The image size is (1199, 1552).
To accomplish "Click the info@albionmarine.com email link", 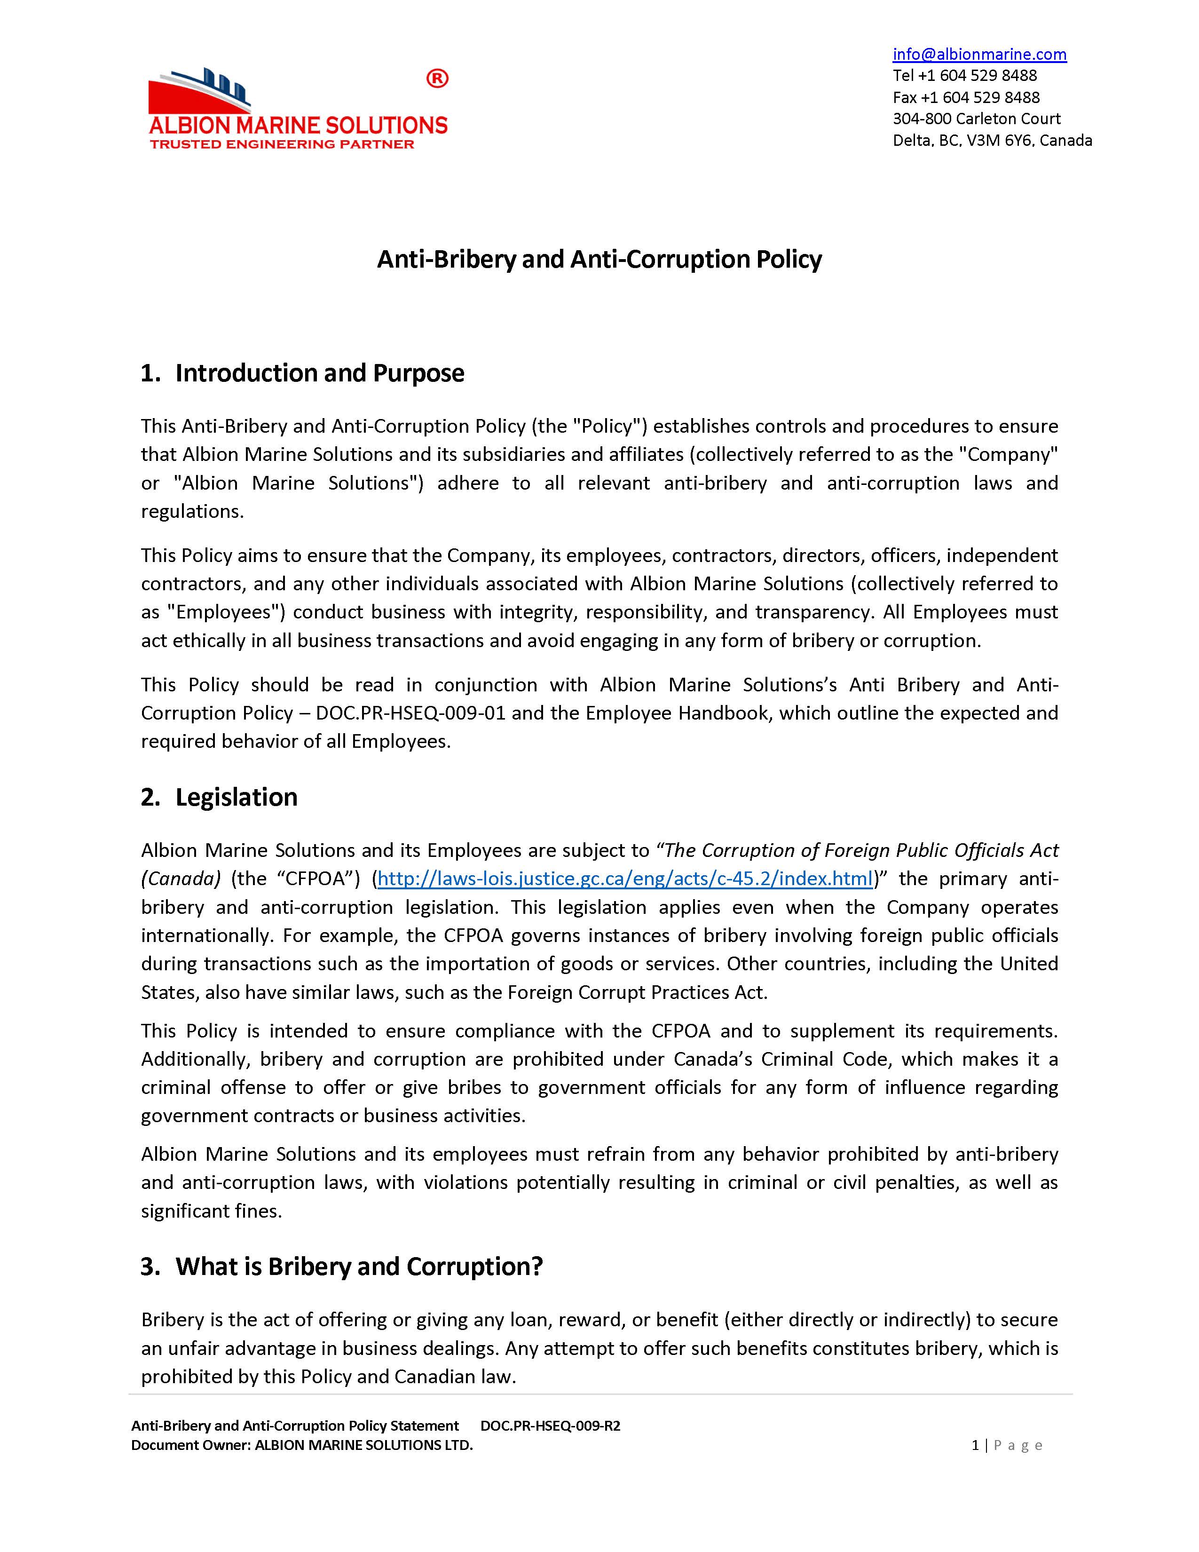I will point(979,54).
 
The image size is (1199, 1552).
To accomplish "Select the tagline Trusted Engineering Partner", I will point(282,144).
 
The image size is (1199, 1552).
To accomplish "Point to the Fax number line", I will point(966,97).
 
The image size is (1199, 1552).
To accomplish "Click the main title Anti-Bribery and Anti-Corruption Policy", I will point(599,260).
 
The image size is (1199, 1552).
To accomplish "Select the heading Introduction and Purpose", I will point(320,373).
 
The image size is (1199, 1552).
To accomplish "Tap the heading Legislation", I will point(236,797).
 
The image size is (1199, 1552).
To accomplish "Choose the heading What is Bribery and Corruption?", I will point(359,1267).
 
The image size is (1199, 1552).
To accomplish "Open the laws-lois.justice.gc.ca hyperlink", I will point(624,879).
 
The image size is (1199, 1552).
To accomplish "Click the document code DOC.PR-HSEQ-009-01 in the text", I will point(410,713).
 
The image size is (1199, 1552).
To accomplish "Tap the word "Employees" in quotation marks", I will point(224,612).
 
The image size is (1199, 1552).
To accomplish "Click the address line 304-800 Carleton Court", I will point(976,119).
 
